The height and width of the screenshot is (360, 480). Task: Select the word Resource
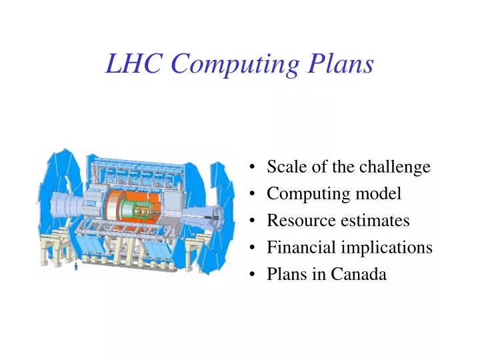[296, 220]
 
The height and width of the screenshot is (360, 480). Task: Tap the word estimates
[377, 220]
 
